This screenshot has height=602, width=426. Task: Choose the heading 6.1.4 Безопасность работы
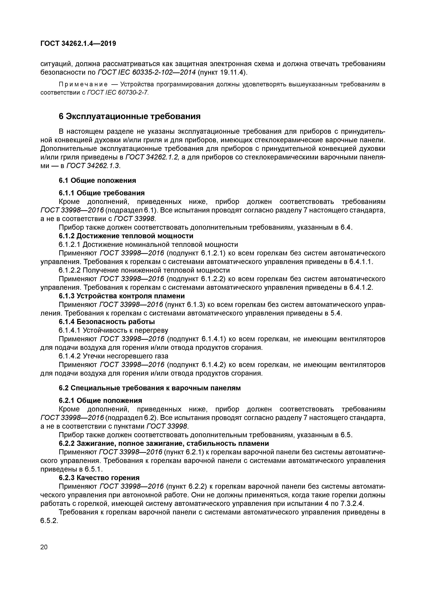tap(107, 322)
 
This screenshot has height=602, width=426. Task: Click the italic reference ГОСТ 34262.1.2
tap(152, 157)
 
